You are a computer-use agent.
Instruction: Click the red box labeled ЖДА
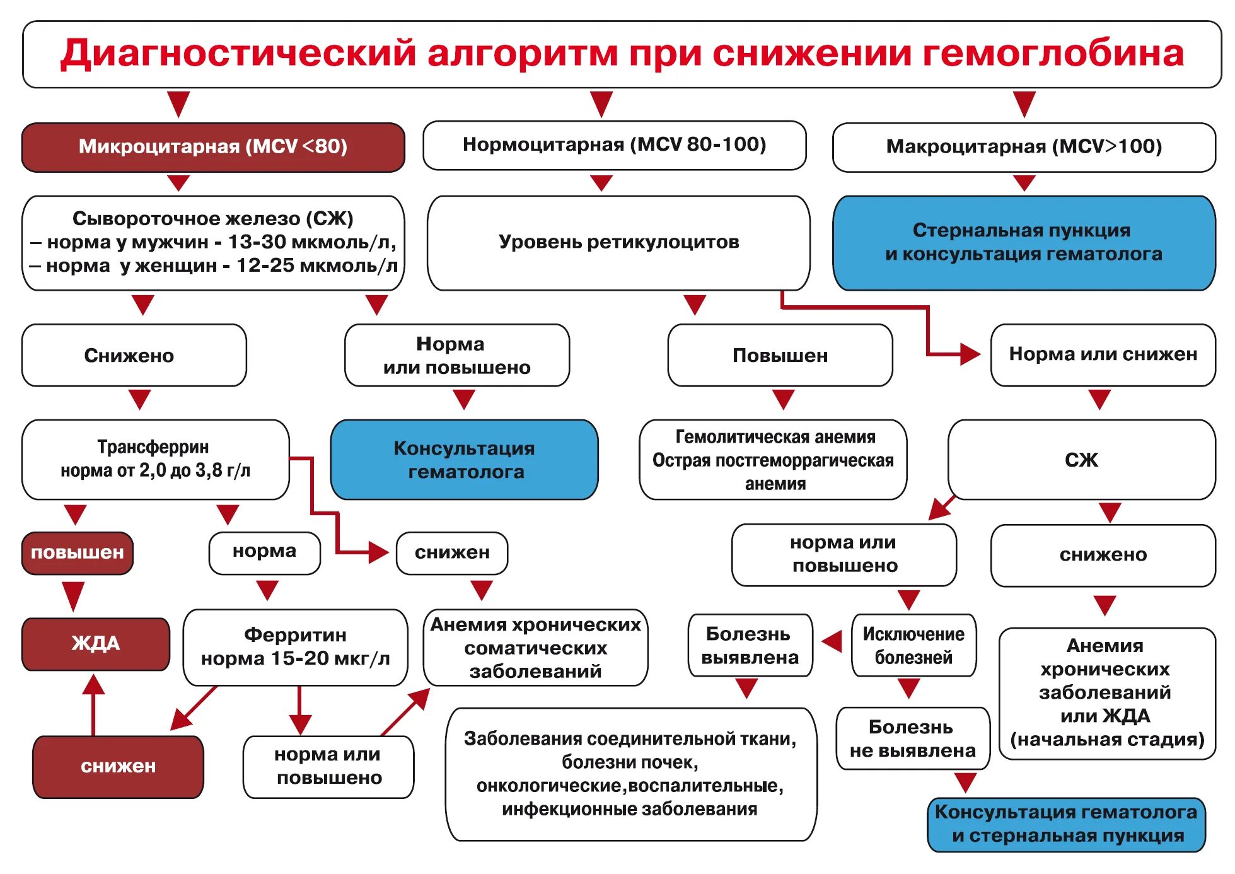96,644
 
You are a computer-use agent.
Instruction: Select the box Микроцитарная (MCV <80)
213,147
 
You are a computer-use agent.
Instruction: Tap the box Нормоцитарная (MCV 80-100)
614,145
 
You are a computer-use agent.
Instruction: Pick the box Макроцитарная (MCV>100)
1024,147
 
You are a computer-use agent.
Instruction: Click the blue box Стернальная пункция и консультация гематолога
1024,243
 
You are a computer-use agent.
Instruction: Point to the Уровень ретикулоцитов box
618,243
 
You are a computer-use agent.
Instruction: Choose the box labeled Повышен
780,356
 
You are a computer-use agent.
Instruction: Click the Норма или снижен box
1103,354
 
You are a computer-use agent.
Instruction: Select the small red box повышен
77,553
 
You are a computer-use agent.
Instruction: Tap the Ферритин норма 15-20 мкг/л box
295,647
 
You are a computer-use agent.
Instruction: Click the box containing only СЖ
1081,460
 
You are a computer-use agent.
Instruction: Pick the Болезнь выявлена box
750,646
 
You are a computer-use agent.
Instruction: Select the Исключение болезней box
913,646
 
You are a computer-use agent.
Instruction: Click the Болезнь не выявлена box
912,738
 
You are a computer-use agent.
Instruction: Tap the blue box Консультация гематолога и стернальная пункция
1065,824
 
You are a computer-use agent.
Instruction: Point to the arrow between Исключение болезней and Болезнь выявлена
832,642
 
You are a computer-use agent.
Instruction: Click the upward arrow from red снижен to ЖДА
93,703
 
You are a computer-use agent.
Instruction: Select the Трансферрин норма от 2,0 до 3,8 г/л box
155,460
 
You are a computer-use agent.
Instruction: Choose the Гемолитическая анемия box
773,460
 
